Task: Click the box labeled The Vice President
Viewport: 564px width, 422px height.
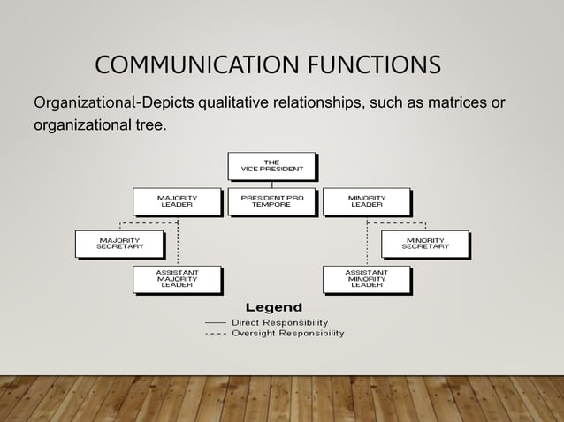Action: [x=271, y=166]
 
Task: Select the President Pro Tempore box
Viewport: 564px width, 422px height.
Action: [x=271, y=201]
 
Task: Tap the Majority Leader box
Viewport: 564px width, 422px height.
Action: [x=177, y=201]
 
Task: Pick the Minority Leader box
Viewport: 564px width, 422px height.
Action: [x=366, y=201]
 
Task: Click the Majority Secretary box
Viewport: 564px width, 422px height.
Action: [x=119, y=243]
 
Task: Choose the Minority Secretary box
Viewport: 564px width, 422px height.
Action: [x=424, y=243]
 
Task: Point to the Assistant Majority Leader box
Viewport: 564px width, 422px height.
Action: [x=177, y=278]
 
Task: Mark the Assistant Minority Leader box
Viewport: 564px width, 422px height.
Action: [x=366, y=278]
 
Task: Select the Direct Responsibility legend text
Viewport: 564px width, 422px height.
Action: [x=279, y=322]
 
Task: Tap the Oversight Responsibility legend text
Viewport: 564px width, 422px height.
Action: [x=288, y=334]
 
